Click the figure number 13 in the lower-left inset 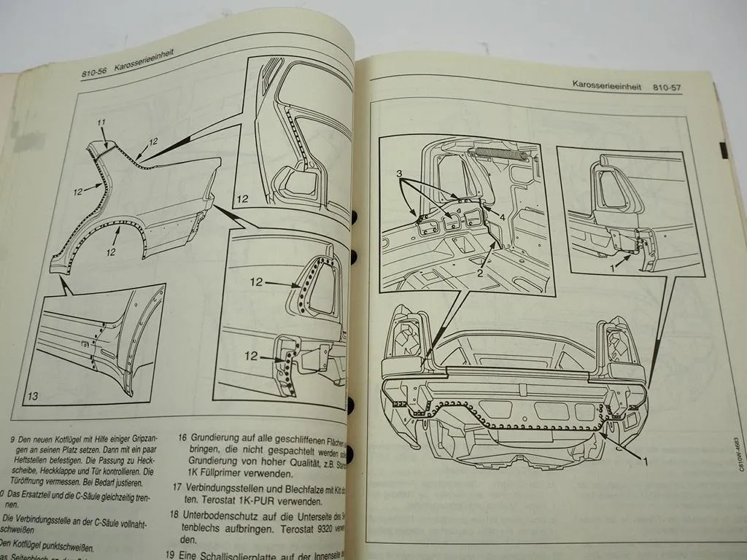coord(34,397)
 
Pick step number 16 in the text coord(184,440)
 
